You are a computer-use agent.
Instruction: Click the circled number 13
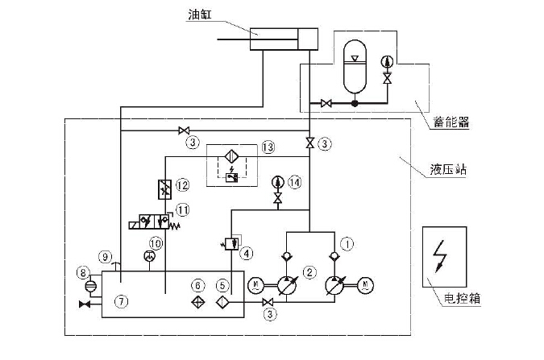coord(268,147)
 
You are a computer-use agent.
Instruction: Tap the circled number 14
coord(295,184)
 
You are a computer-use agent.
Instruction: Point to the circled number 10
coord(154,241)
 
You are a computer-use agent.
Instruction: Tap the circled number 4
coord(247,252)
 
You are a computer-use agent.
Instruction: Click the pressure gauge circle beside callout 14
coord(278,181)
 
